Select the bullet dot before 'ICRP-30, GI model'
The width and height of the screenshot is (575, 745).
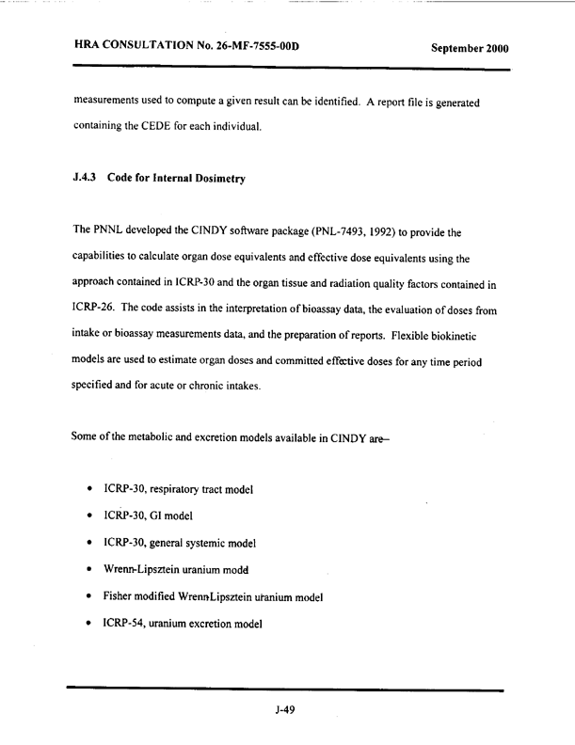coord(88,515)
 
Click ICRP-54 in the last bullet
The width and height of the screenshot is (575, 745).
coord(127,625)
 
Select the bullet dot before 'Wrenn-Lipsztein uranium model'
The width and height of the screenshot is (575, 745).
coord(88,570)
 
